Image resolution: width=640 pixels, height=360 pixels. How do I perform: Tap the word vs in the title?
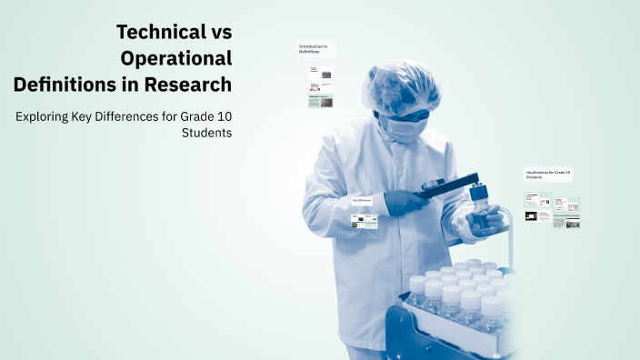pyautogui.click(x=219, y=33)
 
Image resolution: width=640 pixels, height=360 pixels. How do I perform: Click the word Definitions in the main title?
pyautogui.click(x=69, y=85)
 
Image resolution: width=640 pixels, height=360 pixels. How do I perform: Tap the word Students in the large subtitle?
pyautogui.click(x=207, y=133)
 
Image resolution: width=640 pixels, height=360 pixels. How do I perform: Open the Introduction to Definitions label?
pyautogui.click(x=315, y=48)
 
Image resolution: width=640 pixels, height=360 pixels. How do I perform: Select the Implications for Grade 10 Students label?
pyautogui.click(x=548, y=174)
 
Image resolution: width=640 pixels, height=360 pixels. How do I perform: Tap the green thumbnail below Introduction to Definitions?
pyautogui.click(x=320, y=102)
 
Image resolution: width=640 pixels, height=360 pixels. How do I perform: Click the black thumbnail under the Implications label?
pyautogui.click(x=531, y=217)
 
